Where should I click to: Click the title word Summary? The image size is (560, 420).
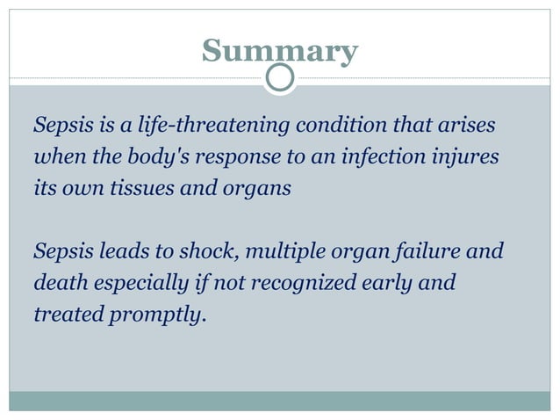(x=279, y=52)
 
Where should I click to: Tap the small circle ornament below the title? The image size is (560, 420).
(x=280, y=78)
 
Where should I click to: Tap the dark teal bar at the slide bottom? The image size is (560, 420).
(x=279, y=401)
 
